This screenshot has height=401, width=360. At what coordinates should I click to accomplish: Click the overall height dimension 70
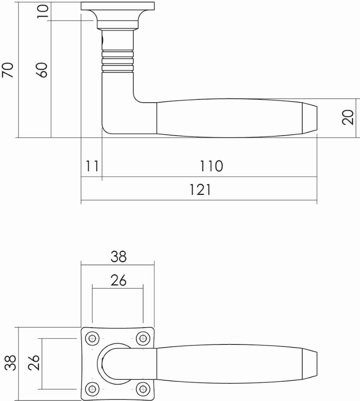click(x=8, y=70)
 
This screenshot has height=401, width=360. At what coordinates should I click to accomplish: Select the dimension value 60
click(x=43, y=70)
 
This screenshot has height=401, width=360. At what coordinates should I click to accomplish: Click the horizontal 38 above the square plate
click(x=118, y=256)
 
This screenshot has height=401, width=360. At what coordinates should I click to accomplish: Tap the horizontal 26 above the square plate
click(x=118, y=280)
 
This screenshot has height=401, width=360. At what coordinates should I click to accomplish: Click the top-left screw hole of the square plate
click(x=93, y=338)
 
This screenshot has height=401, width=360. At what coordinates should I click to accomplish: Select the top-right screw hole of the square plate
click(x=142, y=338)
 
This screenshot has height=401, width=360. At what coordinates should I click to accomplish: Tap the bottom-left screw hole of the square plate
click(x=93, y=389)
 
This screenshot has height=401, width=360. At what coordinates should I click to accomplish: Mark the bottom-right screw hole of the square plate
click(x=142, y=389)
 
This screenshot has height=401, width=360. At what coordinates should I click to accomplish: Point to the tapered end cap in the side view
click(x=309, y=119)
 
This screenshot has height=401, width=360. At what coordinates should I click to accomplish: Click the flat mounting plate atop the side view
click(x=117, y=6)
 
